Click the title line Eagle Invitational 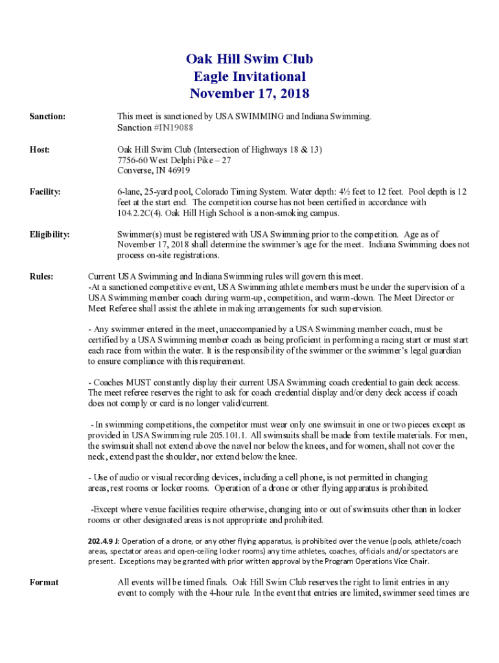[x=250, y=76]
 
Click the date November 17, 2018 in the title [x=250, y=94]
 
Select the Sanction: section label [x=47, y=117]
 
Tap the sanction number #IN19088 [x=173, y=128]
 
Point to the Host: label [x=40, y=150]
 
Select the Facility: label [x=45, y=192]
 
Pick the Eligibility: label [x=50, y=234]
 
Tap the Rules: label [x=41, y=276]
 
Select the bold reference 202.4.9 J [x=103, y=541]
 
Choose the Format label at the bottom [x=44, y=582]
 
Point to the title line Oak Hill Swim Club [x=250, y=60]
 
